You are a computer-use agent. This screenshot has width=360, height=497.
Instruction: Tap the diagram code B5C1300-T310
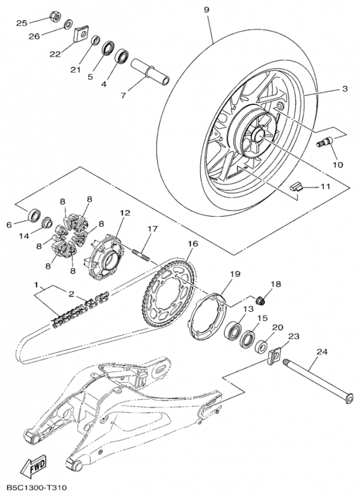pos(36,487)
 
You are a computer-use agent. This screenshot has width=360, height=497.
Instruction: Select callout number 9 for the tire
pos(206,10)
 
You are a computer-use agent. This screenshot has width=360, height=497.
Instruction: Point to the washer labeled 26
pos(68,24)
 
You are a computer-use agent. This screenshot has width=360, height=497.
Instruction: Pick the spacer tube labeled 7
pos(150,71)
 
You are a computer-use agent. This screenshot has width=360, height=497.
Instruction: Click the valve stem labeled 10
pos(325,141)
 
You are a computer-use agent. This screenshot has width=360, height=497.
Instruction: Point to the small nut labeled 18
pos(261,299)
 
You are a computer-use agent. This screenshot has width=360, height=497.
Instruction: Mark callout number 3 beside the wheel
pos(345,88)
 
